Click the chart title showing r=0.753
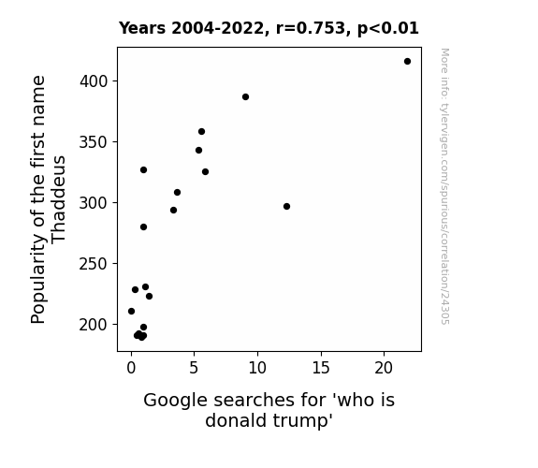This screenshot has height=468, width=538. click(269, 28)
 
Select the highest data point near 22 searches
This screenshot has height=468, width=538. click(407, 62)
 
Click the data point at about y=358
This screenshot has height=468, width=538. click(201, 131)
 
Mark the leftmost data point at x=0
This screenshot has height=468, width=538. click(131, 311)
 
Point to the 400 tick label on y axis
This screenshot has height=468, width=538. click(94, 81)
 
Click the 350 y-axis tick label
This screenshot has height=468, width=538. click(94, 142)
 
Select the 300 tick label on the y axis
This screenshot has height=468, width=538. click(94, 203)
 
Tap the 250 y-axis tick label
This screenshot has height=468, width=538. click(94, 264)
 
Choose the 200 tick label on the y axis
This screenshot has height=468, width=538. click(94, 325)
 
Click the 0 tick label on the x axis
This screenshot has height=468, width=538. click(131, 368)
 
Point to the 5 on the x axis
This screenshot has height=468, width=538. click(194, 368)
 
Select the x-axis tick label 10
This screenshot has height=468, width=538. click(257, 368)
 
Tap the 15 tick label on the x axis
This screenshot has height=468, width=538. click(321, 368)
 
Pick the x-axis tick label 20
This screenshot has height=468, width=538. click(384, 368)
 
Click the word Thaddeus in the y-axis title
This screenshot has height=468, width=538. click(58, 199)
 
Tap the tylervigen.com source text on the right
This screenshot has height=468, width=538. click(444, 186)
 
